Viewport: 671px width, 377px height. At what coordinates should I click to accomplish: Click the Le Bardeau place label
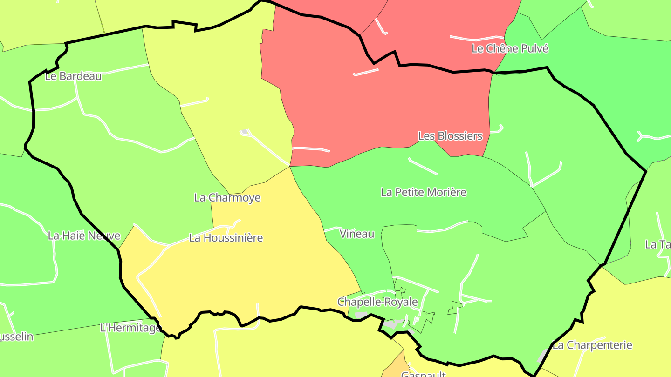pos(73,76)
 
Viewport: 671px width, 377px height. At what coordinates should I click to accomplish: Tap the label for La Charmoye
pos(227,198)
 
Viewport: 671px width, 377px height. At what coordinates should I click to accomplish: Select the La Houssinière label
pos(226,238)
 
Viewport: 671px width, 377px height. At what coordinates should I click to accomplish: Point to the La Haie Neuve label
pos(84,236)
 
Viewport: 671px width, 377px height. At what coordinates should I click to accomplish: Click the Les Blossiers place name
pos(450,136)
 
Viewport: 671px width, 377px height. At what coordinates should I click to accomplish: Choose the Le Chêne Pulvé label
pos(510,48)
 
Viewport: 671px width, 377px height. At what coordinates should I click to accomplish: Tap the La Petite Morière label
pos(424,192)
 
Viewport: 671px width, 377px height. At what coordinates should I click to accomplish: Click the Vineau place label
pos(357,234)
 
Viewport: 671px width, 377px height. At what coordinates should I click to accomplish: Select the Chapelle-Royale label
pos(377,302)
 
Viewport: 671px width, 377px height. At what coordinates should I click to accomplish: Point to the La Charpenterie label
pos(592,345)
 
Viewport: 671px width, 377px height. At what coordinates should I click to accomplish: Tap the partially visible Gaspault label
pos(424,374)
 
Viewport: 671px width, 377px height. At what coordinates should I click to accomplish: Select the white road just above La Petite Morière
pos(423,167)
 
